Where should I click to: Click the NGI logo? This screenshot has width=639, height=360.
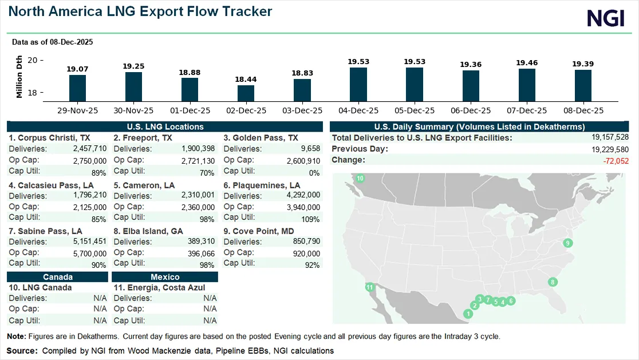pos(605,18)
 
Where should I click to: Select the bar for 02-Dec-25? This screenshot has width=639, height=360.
pos(246,93)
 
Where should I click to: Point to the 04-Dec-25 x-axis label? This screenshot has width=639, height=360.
pos(358,110)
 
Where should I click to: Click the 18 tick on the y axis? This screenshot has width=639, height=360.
pos(32,93)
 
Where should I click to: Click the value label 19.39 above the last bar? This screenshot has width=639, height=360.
pos(583,64)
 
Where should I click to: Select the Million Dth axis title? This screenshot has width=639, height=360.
pos(19,77)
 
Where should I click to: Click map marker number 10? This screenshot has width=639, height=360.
pos(360,179)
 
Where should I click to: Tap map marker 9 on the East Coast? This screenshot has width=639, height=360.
pos(568,243)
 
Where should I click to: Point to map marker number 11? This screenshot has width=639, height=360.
pos(370,287)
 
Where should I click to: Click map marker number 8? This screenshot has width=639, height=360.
pos(553,282)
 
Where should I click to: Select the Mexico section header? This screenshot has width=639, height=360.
pos(165,276)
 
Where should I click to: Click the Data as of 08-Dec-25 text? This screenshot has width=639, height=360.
pos(52,42)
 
